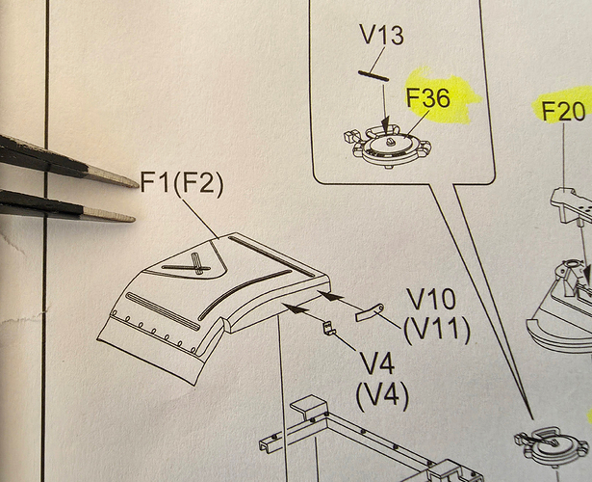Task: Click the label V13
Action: (x=382, y=37)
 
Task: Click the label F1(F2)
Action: (x=182, y=183)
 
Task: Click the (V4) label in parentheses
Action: (x=381, y=393)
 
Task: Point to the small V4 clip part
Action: (x=326, y=330)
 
